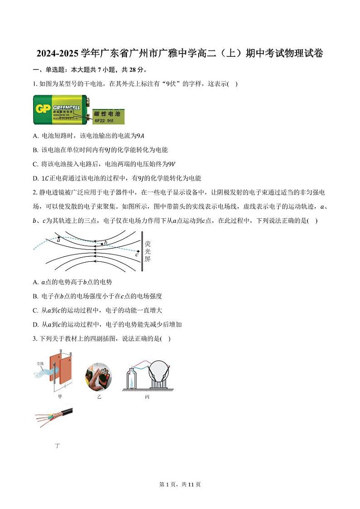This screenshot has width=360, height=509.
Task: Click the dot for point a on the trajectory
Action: coord(58,237)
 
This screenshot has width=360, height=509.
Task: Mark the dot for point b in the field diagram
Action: coord(102,244)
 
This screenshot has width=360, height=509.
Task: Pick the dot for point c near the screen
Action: coord(138,251)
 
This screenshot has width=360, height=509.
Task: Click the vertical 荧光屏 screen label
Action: coord(147,251)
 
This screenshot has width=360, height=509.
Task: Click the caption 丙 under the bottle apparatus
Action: coord(147,396)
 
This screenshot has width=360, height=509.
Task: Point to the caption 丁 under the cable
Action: coord(57,445)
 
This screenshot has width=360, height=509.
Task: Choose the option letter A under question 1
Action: coord(35,136)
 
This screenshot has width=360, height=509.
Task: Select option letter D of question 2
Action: coord(35,324)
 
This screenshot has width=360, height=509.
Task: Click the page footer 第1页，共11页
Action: coord(180,485)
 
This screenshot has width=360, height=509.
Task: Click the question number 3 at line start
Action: coord(34,338)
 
